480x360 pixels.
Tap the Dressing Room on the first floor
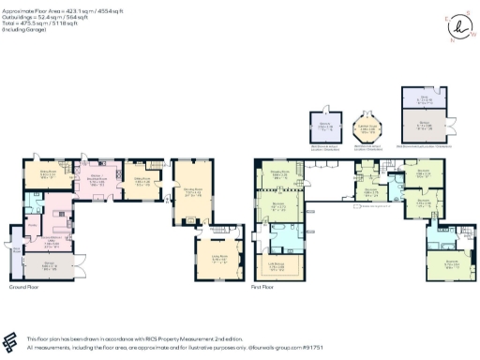coord(278,174)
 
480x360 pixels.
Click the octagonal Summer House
coord(363,127)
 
